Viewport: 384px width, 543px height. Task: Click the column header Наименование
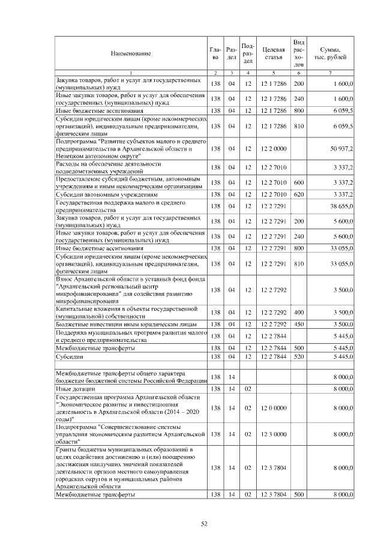click(130, 53)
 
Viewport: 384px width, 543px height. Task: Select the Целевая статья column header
click(273, 53)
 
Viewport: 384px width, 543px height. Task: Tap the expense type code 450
click(299, 323)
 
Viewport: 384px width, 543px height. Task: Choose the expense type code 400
click(299, 312)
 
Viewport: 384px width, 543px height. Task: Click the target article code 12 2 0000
click(273, 148)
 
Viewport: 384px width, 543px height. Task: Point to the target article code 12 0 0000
click(273, 408)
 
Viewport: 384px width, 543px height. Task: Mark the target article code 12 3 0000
click(273, 434)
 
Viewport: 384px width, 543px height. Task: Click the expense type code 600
click(299, 182)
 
